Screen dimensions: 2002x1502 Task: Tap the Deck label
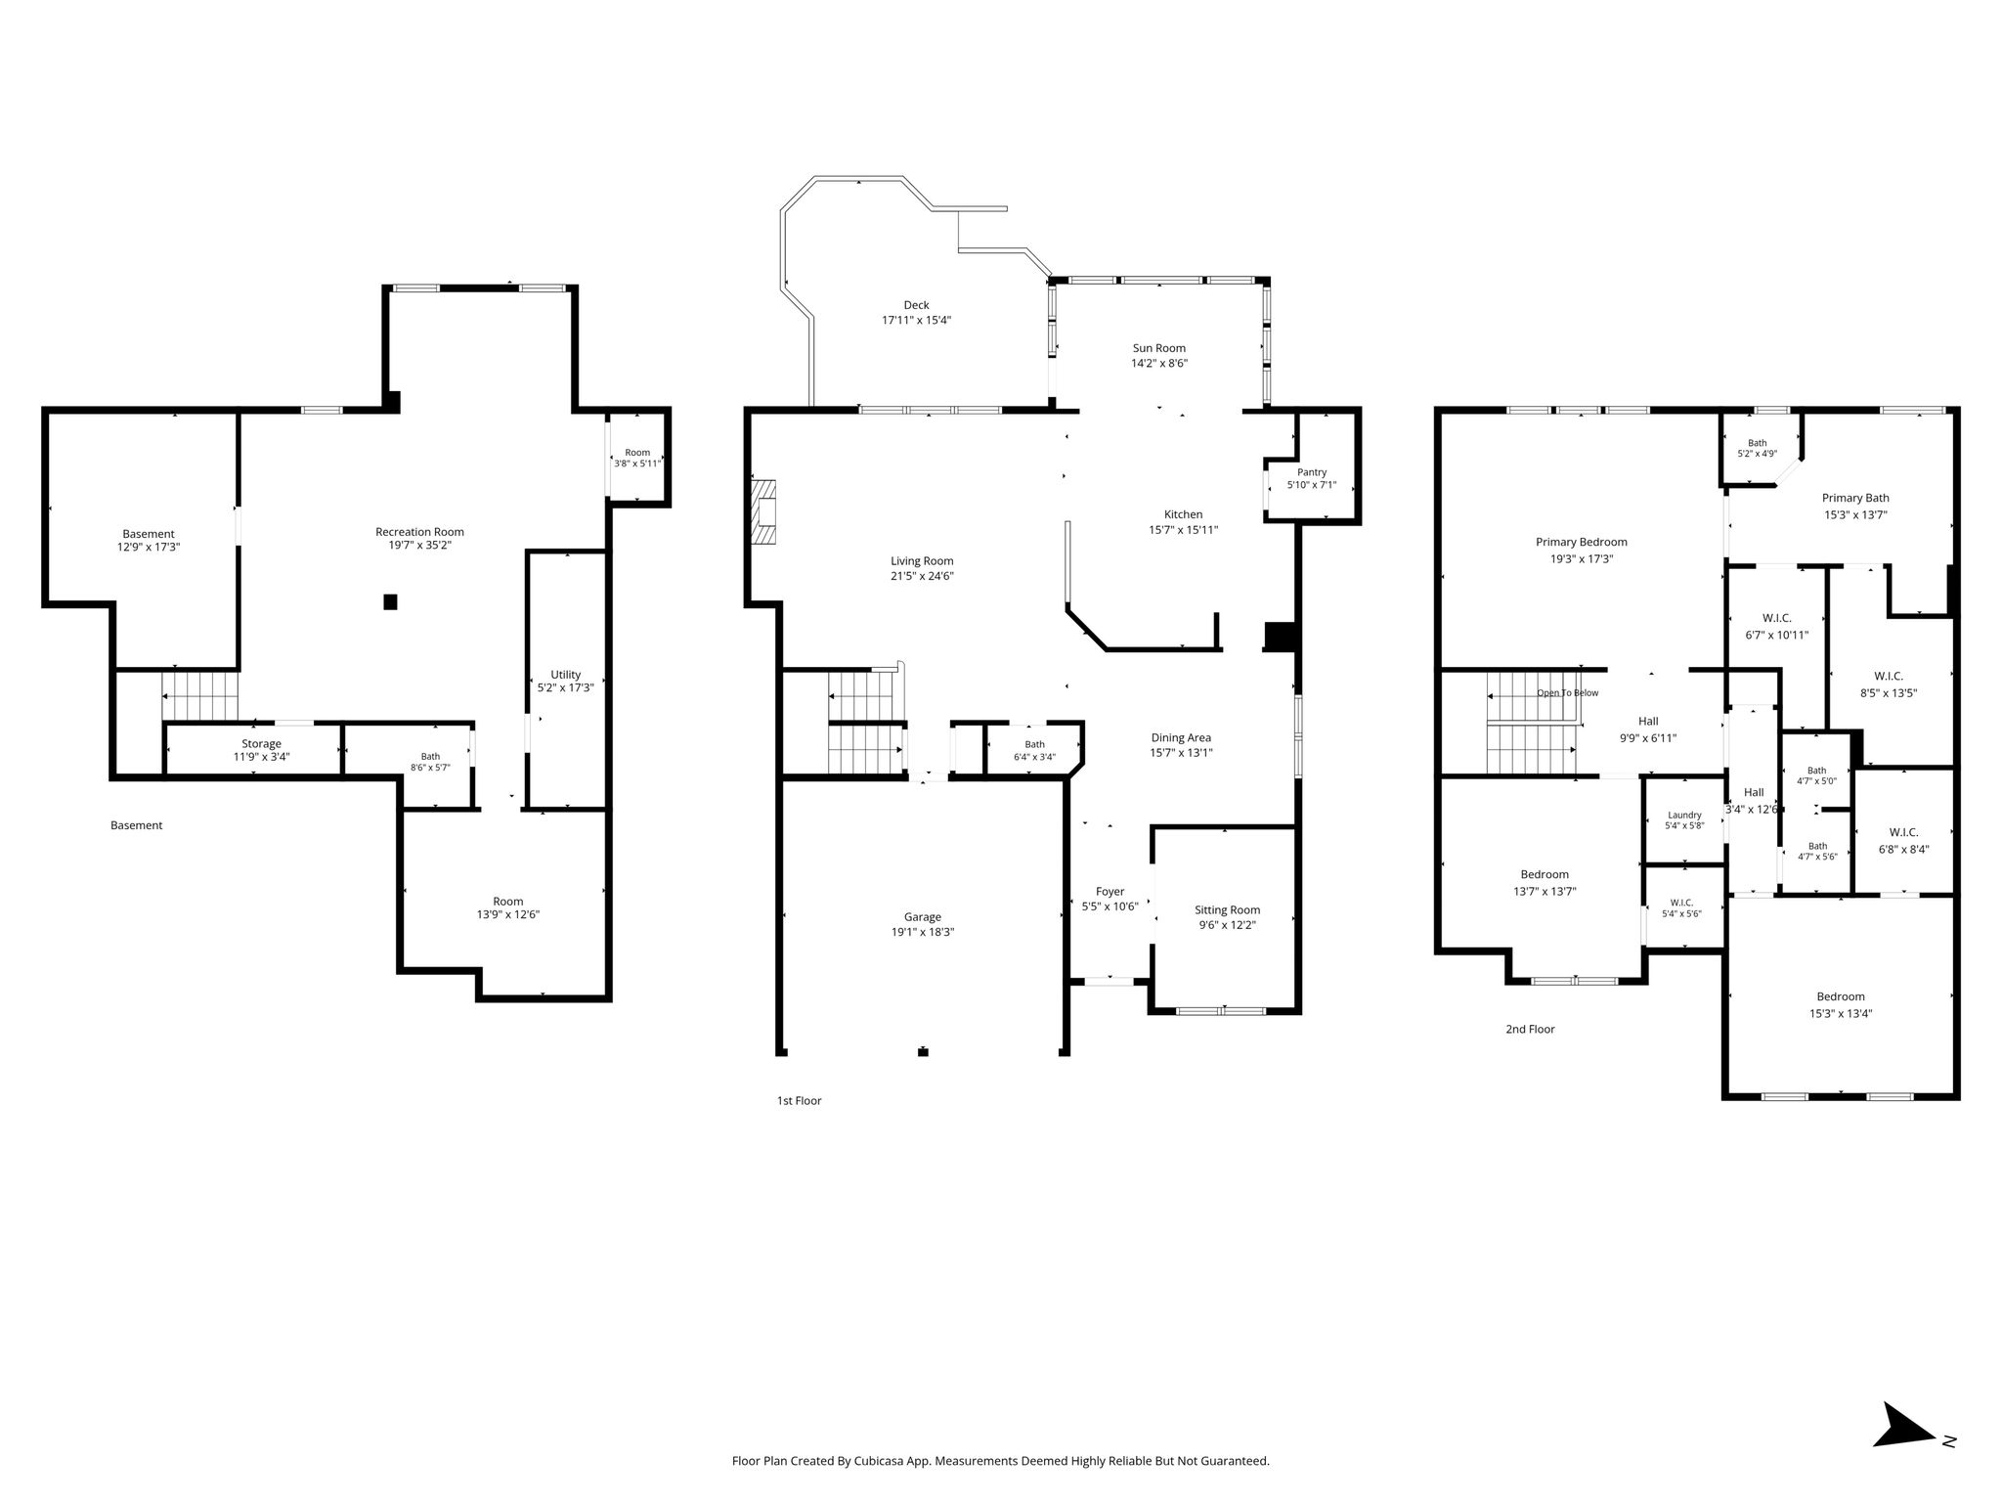916,305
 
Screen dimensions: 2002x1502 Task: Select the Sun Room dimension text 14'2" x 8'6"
1159,363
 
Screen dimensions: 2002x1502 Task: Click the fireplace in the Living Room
763,511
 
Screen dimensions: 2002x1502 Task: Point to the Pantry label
1312,472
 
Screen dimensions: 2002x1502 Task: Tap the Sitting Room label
1227,909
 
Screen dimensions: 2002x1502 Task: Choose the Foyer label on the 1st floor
1110,891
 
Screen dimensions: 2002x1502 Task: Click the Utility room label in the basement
565,674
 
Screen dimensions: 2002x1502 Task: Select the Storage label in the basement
261,744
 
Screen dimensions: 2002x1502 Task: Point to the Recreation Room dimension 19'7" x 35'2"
419,546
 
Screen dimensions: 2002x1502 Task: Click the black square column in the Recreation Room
390,602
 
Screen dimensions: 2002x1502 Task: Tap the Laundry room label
1684,815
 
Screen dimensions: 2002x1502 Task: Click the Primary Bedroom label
1581,542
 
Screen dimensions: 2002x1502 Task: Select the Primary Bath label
1855,498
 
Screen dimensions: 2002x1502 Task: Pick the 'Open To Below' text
1567,693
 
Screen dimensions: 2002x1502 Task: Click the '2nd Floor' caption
1530,1029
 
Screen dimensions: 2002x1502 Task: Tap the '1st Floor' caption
799,1100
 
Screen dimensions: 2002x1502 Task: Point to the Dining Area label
1181,737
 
